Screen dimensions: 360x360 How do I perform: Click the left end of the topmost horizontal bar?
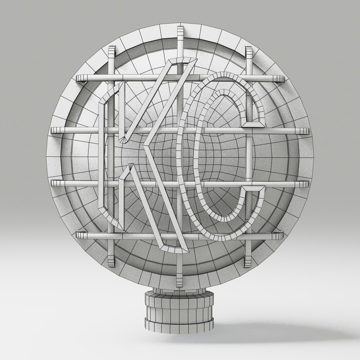(79, 78)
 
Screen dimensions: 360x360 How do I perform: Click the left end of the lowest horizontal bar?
(79, 235)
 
